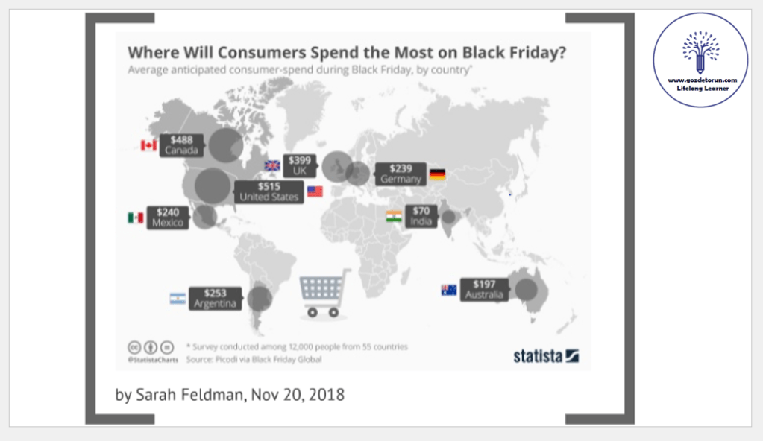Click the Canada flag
148,145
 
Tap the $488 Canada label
180,145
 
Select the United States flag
315,191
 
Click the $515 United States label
269,191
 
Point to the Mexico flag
135,218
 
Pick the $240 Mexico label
168,218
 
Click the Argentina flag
178,299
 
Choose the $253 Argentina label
215,299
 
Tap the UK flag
272,165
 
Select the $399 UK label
301,165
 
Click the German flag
437,174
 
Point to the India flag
394,217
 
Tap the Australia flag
449,290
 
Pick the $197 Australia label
484,290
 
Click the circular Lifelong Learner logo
700,60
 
